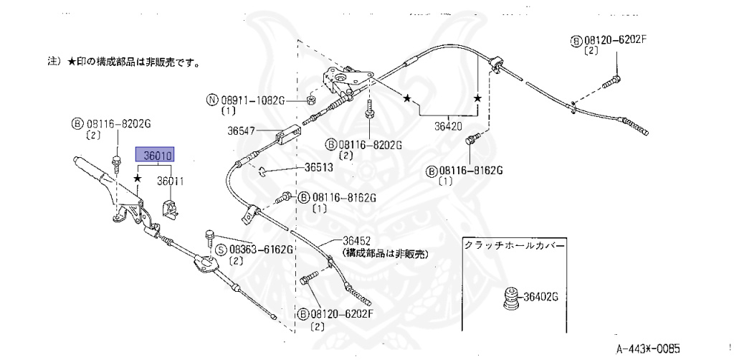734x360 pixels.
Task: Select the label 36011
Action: click(171, 182)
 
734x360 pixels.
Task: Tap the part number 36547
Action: click(242, 131)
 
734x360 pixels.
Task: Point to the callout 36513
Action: click(318, 169)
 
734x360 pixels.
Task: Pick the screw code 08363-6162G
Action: click(261, 250)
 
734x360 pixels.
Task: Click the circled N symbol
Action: click(212, 100)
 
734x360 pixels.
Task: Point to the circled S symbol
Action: click(222, 250)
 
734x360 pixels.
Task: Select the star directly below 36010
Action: click(137, 176)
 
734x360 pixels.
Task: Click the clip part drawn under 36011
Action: click(171, 208)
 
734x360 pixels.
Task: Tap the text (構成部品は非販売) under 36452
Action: click(384, 253)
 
